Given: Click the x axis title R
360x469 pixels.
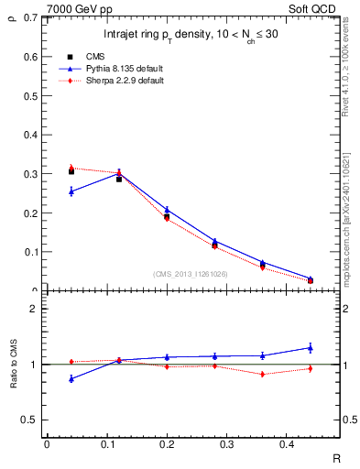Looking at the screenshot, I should [x=335, y=457].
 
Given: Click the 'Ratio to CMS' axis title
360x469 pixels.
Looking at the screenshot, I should [x=12, y=365].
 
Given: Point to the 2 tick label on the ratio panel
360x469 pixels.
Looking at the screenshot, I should [x=35, y=309].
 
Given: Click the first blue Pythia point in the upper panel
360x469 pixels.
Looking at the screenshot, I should [x=71, y=191].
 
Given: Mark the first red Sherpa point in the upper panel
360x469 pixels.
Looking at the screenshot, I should [x=71, y=168].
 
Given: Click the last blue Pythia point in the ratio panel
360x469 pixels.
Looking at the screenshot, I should [x=311, y=347].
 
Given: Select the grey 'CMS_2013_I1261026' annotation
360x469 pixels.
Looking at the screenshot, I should [x=191, y=274].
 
